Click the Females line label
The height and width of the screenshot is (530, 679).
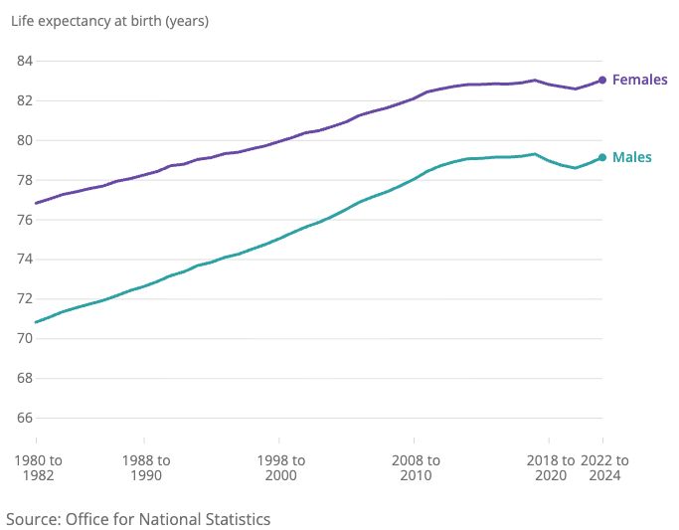(x=639, y=80)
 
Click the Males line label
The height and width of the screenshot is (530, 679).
(x=631, y=157)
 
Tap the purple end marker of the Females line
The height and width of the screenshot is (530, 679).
(x=602, y=80)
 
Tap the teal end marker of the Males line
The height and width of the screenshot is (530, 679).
(x=602, y=157)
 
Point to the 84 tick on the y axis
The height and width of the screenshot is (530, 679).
(x=25, y=61)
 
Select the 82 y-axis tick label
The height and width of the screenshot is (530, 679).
(x=25, y=100)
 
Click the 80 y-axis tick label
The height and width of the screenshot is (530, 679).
(x=25, y=140)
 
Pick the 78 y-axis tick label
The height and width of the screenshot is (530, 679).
(x=25, y=180)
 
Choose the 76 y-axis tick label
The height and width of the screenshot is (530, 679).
(x=25, y=220)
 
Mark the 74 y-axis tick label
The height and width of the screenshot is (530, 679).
(x=25, y=260)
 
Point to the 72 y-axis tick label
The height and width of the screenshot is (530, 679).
(x=25, y=299)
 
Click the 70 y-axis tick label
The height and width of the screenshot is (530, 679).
(x=25, y=339)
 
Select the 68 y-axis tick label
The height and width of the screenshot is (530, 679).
(x=25, y=379)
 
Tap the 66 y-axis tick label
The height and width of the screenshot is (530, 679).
(x=25, y=419)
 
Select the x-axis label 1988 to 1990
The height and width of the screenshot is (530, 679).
(x=145, y=467)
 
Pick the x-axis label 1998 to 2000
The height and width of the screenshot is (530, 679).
(x=280, y=467)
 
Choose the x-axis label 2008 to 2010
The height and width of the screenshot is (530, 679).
(x=415, y=467)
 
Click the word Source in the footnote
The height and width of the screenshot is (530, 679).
(x=32, y=519)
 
